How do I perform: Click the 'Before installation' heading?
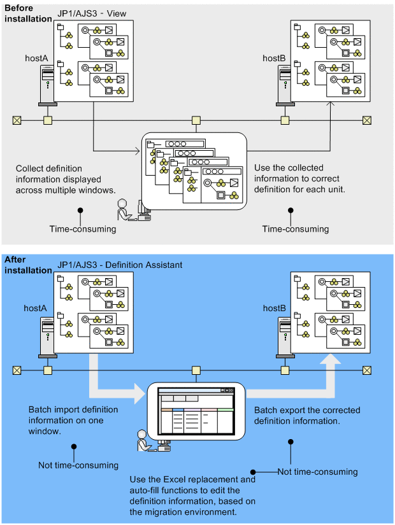tap(28, 13)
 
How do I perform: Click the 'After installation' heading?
tap(28, 265)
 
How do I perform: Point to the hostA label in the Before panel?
tap(36, 58)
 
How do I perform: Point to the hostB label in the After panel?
tap(275, 309)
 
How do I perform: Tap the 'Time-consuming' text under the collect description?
tap(83, 229)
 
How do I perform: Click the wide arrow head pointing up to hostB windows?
tap(330, 362)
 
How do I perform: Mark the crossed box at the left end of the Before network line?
tap(17, 120)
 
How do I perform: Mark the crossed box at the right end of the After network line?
tap(366, 370)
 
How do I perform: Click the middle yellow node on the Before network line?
tap(196, 120)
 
